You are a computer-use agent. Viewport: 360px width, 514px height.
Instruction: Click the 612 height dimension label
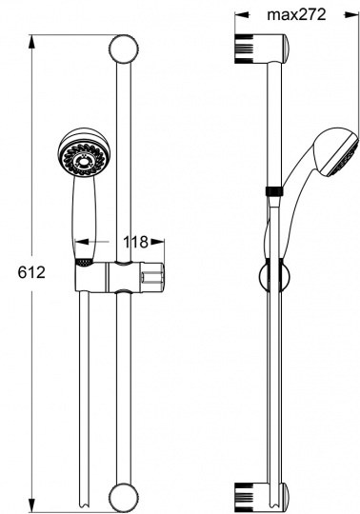coord(31,272)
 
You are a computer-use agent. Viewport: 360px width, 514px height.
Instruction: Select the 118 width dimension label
coord(135,243)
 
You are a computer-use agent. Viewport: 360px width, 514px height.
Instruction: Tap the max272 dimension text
coord(296,14)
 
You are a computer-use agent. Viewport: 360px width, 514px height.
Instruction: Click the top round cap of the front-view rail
coord(123,49)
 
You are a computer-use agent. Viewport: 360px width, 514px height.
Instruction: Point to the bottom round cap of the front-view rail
coord(123,498)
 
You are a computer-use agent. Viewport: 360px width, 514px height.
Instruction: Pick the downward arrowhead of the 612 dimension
coord(31,504)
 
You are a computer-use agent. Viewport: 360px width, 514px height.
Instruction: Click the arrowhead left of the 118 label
coord(82,242)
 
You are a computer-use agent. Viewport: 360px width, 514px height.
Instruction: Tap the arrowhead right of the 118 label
coord(157,242)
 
